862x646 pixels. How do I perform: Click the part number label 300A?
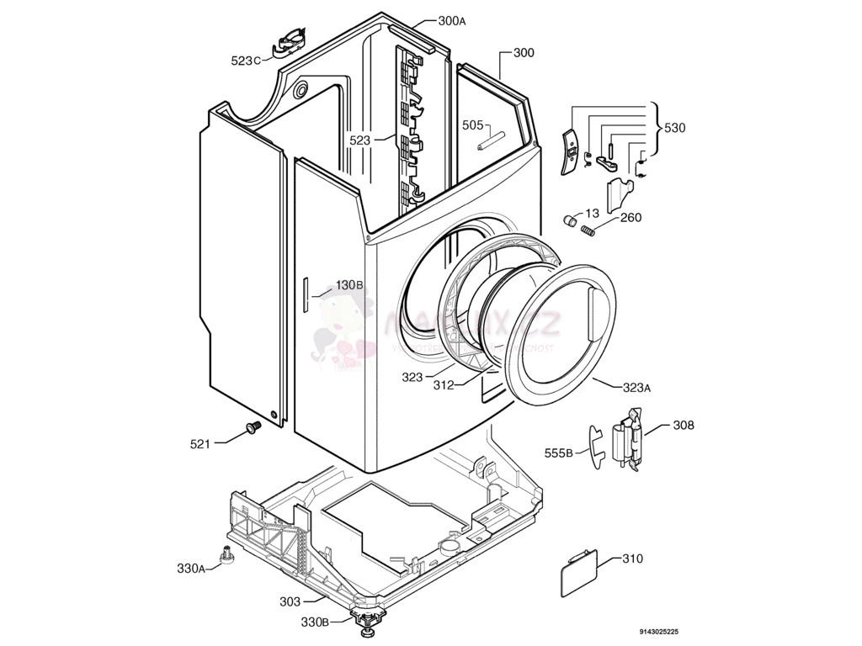451,21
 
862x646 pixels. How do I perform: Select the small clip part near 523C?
287,40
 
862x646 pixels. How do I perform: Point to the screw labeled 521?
250,429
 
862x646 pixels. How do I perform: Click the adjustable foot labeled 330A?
226,554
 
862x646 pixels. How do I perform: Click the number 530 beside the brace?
674,128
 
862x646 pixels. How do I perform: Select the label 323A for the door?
636,388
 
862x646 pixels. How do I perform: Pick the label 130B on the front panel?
349,285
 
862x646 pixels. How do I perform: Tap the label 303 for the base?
290,601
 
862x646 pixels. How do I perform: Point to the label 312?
444,385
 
